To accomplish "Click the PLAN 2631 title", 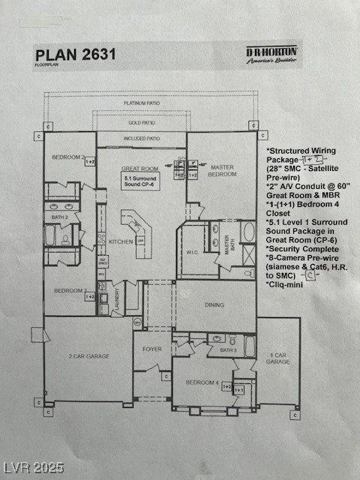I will (x=76, y=54).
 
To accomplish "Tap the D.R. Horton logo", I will (x=272, y=55).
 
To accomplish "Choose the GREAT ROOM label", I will (x=140, y=169).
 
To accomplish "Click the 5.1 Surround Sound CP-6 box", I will (x=141, y=181).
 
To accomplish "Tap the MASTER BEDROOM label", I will (x=222, y=170).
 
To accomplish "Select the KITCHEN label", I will (x=121, y=242).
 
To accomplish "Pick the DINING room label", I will (x=216, y=305).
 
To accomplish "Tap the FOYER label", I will (x=152, y=349).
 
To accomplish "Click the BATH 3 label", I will (x=229, y=350).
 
